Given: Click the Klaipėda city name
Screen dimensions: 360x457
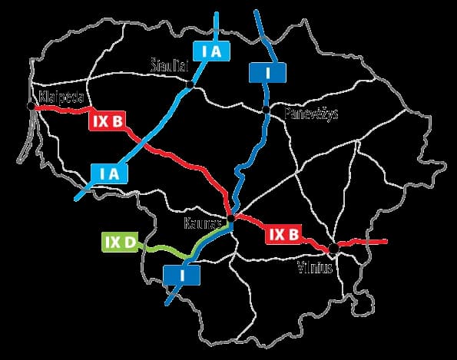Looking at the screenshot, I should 60,97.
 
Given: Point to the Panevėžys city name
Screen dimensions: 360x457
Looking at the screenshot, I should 306,113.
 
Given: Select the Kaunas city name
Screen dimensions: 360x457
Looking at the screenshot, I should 203,223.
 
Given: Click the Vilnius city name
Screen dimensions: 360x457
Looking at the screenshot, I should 315,268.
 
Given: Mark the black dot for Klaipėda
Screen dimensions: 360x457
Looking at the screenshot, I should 31,108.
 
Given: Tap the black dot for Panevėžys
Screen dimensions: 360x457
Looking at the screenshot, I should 267,111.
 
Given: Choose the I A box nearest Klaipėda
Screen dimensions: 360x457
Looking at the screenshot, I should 108,173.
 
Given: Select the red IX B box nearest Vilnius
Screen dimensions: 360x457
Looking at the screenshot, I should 282,235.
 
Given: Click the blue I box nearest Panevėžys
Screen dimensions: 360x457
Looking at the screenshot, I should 267,71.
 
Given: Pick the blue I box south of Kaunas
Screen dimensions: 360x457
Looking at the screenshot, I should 182,273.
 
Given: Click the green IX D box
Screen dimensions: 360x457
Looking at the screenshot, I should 119,243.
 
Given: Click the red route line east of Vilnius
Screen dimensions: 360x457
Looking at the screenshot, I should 369,242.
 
